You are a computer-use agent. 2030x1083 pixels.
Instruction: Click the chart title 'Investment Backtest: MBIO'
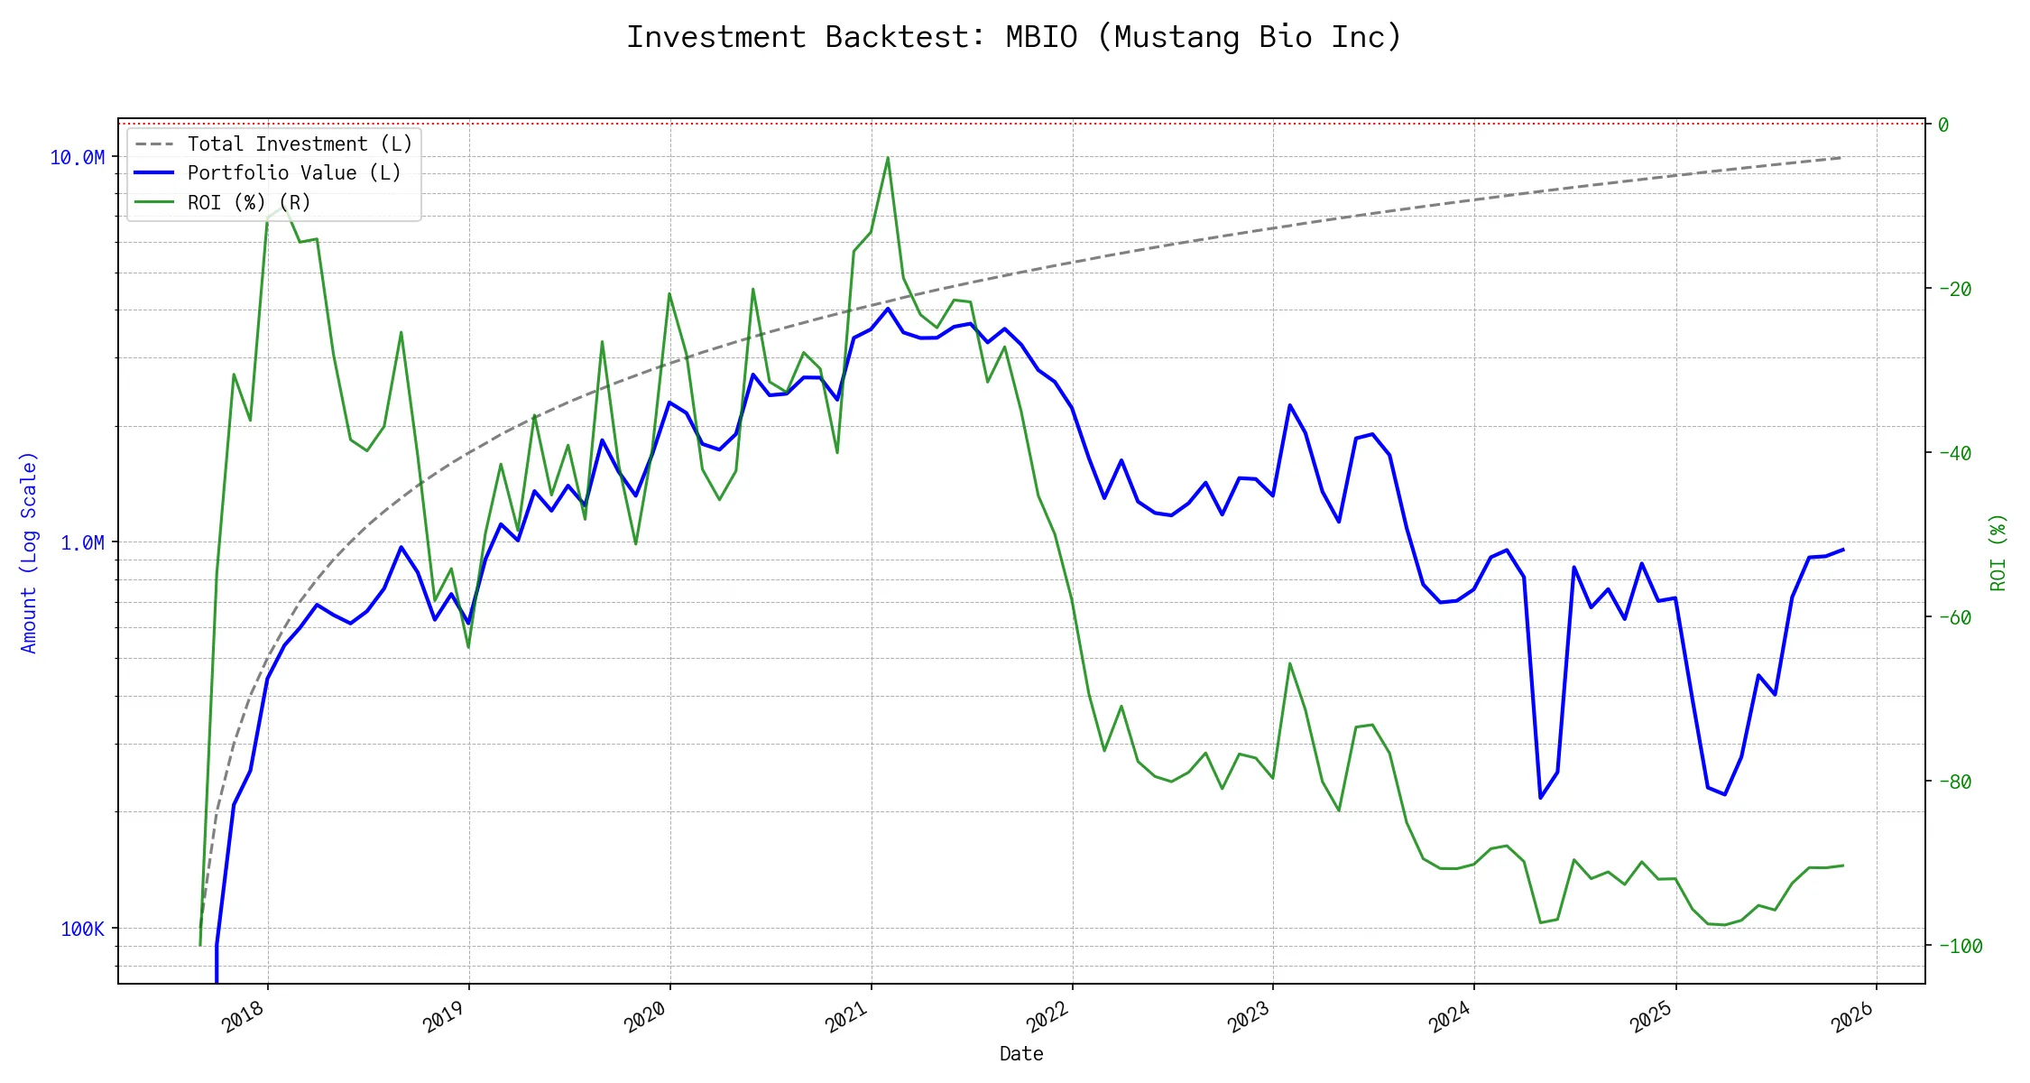coord(1014,37)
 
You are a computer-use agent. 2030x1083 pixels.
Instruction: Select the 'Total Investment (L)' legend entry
coord(299,143)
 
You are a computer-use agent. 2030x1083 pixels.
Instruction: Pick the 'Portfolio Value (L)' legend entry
coord(293,172)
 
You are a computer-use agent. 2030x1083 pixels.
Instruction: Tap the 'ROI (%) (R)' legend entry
coord(248,202)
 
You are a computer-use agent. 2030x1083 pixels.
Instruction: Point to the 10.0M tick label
coord(77,158)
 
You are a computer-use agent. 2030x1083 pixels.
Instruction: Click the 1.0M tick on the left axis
coord(82,542)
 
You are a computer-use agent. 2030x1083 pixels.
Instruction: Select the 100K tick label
coord(82,929)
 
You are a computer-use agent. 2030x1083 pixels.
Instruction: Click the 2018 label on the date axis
coord(243,1017)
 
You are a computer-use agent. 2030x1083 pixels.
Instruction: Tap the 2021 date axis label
coord(846,1017)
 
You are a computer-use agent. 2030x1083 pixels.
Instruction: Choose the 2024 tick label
coord(1450,1017)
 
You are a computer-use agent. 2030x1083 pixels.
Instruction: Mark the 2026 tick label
coord(1852,1017)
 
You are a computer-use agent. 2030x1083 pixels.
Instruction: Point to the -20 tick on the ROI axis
coord(1954,290)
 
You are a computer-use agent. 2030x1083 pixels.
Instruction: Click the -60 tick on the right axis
coord(1954,617)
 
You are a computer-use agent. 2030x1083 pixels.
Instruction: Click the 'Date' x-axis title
coord(1021,1053)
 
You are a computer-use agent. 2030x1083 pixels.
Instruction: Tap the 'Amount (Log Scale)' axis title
coord(29,552)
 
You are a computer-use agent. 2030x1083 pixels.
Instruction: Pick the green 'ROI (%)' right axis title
coord(1998,552)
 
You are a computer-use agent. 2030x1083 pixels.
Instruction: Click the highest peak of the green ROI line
coord(888,158)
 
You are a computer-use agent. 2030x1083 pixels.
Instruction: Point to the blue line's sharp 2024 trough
coord(1540,798)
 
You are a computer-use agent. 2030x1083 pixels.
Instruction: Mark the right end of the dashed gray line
coord(1842,158)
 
